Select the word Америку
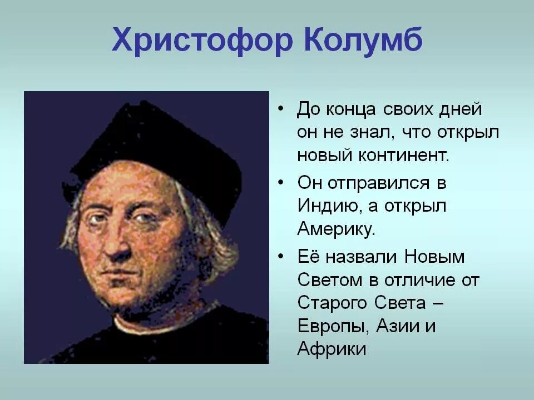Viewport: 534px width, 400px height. [337, 228]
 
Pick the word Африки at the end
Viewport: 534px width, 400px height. [332, 349]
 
